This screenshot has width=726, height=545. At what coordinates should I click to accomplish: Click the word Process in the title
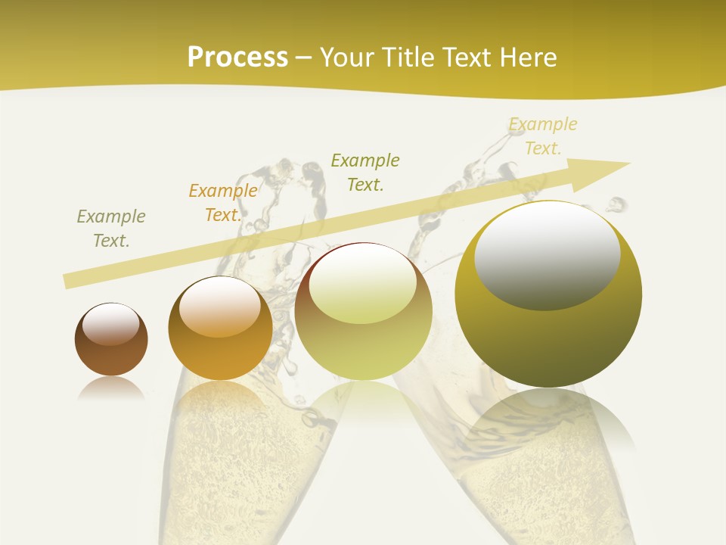point(237,58)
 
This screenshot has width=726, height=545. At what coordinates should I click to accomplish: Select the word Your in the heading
point(346,58)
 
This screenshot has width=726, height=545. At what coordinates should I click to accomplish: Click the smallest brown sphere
point(111,340)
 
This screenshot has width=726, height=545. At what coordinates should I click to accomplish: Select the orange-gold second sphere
point(220,329)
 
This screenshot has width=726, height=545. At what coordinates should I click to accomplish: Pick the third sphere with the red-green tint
point(363,312)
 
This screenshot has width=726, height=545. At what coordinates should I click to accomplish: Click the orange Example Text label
point(222,203)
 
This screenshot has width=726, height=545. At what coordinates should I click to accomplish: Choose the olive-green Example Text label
point(365,172)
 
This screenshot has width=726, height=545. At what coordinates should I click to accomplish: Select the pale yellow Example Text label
point(543,136)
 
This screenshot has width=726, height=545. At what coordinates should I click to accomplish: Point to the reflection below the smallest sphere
point(111,389)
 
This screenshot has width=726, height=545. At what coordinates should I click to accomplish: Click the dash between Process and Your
point(303,58)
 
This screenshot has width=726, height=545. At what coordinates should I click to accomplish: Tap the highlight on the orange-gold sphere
point(220,307)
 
